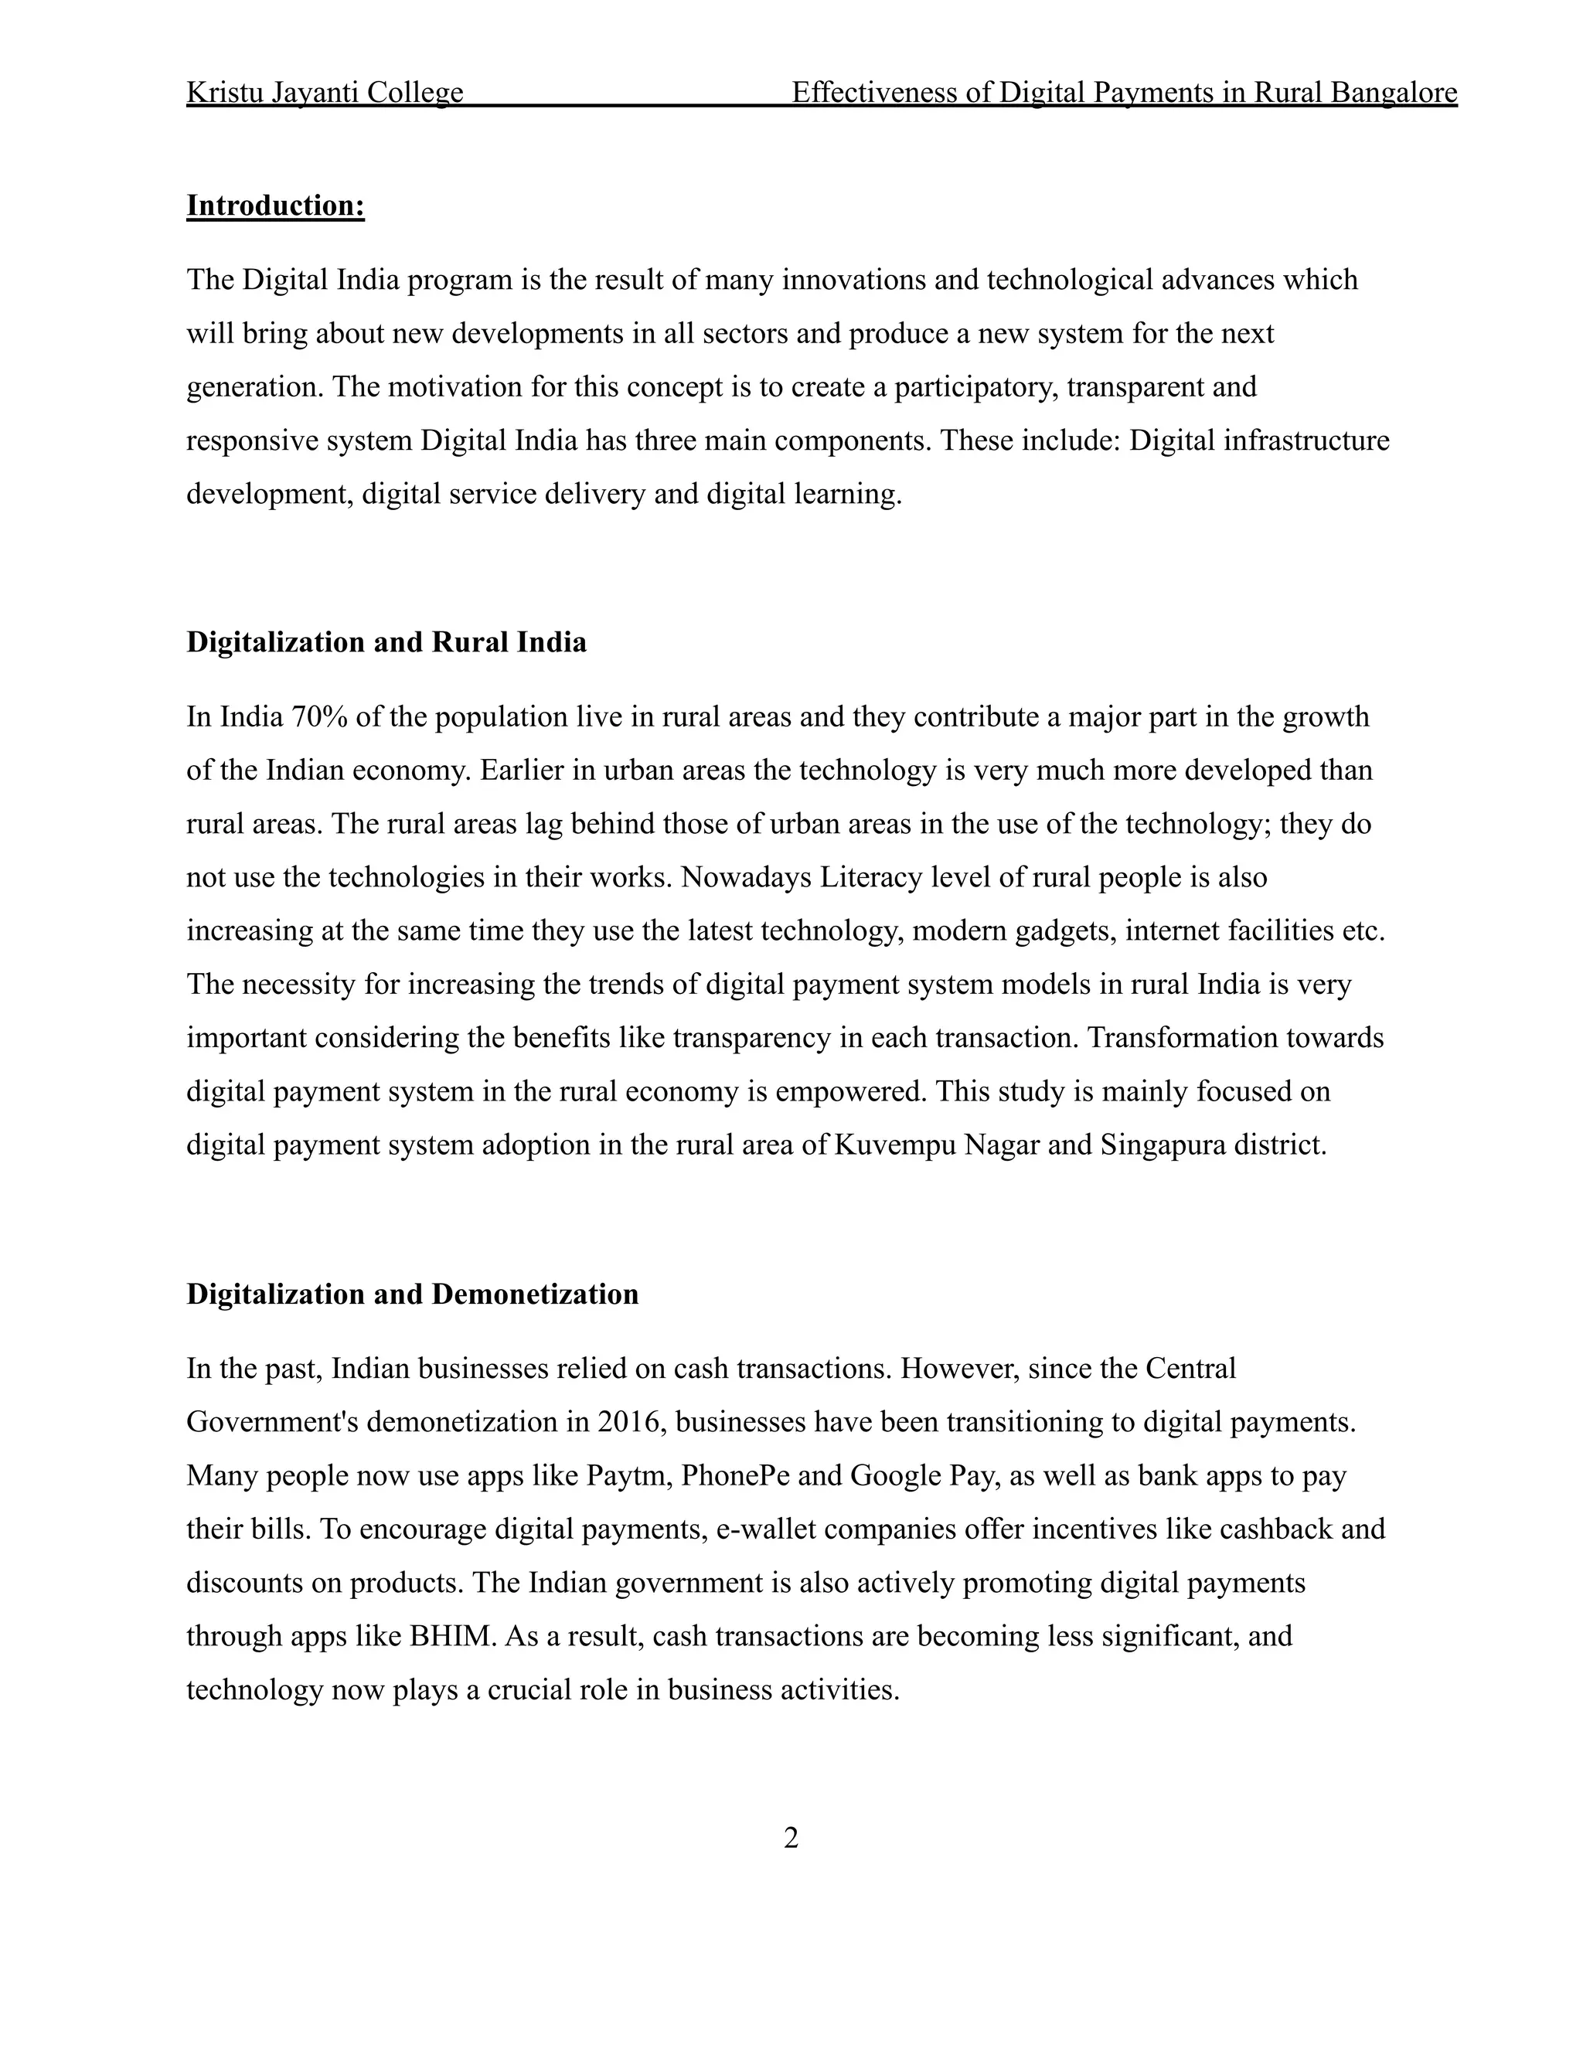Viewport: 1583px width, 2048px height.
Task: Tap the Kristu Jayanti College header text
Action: (325, 92)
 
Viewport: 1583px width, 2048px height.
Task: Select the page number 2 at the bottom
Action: (791, 1838)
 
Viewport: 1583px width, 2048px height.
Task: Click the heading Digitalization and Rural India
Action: (386, 642)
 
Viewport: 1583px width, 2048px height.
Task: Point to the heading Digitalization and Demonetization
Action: (412, 1294)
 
